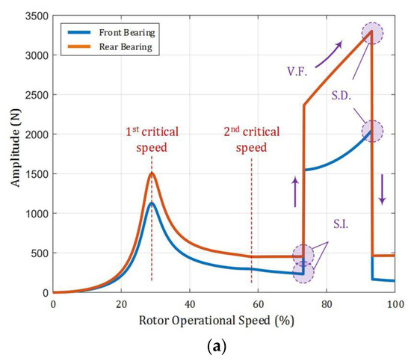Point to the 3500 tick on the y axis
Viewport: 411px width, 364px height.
tap(35, 16)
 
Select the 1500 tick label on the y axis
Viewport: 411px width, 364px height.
tap(35, 174)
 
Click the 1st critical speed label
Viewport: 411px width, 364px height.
tap(152, 139)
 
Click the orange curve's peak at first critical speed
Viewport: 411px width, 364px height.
tap(152, 173)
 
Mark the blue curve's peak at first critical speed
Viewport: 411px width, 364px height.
tap(152, 203)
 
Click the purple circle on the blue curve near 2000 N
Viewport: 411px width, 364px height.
tap(372, 131)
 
